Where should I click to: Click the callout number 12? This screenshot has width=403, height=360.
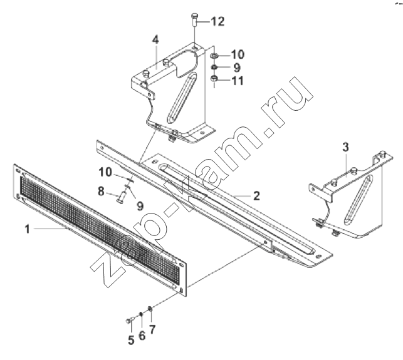click(217, 21)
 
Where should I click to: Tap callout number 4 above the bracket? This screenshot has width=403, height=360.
click(155, 39)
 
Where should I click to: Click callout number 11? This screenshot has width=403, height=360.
click(238, 81)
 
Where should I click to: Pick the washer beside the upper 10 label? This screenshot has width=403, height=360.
click(214, 55)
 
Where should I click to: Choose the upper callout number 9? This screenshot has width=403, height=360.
click(237, 68)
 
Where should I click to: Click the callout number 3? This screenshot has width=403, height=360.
click(346, 147)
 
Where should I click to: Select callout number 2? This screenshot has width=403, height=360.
click(256, 196)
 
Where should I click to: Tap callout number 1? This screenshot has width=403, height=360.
click(28, 229)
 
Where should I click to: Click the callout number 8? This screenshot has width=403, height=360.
click(101, 192)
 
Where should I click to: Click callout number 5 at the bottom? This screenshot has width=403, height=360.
click(131, 340)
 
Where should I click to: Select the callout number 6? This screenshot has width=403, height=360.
click(142, 336)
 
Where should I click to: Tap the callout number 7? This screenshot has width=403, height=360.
click(152, 329)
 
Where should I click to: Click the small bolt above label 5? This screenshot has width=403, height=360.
click(130, 320)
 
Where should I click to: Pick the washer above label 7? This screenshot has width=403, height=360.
click(150, 309)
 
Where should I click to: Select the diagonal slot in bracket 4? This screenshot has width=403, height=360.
click(182, 98)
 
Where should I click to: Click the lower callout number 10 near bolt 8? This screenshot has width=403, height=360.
click(105, 172)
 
